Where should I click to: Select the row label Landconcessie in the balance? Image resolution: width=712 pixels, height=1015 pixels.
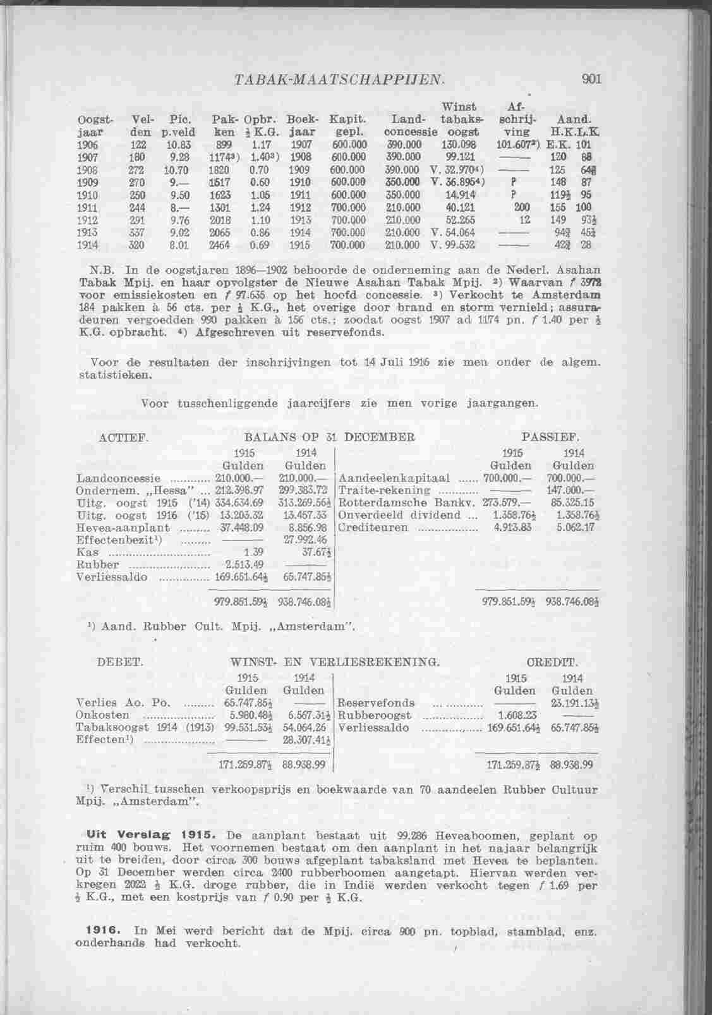pyautogui.click(x=118, y=478)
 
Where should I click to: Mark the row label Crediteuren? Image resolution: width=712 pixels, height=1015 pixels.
pyautogui.click(x=373, y=528)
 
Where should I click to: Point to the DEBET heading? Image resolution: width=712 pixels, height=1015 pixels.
pyautogui.click(x=121, y=662)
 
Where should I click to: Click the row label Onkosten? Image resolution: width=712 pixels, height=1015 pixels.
pyautogui.click(x=102, y=715)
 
